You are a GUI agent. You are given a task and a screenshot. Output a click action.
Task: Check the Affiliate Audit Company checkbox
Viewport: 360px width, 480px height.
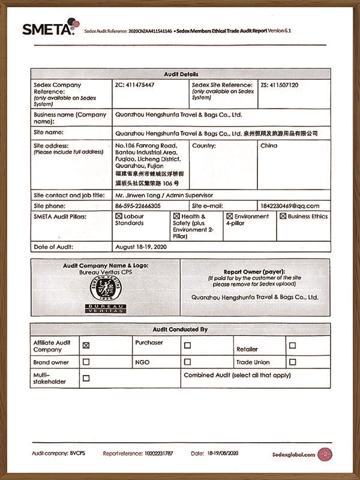(x=86, y=345)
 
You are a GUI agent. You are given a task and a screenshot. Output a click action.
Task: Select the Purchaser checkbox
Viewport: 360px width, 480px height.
(x=187, y=345)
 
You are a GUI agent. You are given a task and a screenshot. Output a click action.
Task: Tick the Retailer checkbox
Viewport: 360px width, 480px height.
(x=292, y=345)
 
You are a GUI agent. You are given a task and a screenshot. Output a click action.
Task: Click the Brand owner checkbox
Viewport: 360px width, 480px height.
(x=86, y=362)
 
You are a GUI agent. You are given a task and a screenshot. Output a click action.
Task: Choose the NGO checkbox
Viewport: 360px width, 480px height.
(x=187, y=362)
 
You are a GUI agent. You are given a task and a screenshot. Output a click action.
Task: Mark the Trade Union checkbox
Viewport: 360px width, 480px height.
(x=292, y=362)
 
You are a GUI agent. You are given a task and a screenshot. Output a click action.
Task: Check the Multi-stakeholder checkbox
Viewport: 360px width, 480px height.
(x=86, y=378)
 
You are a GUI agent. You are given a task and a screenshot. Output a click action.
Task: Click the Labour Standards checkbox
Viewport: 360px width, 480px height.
(x=119, y=216)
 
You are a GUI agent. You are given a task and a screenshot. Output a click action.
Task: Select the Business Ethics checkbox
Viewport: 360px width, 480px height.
(x=283, y=216)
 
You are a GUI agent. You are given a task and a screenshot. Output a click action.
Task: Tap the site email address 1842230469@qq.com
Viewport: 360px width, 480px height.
(x=289, y=206)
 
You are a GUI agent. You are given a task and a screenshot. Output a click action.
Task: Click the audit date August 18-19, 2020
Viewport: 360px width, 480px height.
(x=140, y=247)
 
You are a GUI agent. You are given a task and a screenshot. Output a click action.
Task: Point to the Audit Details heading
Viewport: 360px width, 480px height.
(x=180, y=74)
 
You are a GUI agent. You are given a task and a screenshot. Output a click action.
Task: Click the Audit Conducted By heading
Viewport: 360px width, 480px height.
(x=180, y=329)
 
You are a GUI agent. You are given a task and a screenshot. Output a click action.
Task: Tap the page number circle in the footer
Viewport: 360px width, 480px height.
(x=325, y=454)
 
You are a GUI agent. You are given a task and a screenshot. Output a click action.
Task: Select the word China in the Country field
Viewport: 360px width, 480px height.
(x=269, y=146)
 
